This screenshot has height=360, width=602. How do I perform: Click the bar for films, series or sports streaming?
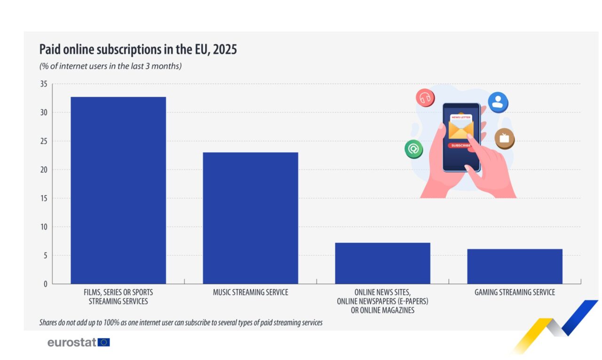[118, 190]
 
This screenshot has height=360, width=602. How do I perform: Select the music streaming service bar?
[251, 218]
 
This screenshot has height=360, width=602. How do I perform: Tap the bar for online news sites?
[383, 263]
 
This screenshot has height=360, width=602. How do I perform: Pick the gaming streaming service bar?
[515, 266]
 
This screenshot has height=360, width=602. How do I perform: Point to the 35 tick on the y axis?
[44, 84]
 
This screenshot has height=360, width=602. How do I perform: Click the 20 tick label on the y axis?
[44, 170]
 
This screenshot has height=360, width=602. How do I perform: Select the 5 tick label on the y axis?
[46, 256]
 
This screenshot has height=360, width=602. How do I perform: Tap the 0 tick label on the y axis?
[46, 284]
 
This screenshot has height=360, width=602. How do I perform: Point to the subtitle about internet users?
[111, 66]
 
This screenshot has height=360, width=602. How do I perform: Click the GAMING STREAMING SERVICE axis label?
[515, 292]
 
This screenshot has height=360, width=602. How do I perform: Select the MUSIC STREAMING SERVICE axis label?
[251, 292]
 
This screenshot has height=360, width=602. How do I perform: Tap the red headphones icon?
[425, 98]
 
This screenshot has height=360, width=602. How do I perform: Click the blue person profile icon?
[498, 102]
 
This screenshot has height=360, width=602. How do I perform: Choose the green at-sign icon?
[413, 149]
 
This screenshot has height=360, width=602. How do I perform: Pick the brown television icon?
[505, 139]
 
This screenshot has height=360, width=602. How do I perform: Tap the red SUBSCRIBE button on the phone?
[460, 145]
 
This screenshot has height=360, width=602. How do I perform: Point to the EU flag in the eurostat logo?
[104, 342]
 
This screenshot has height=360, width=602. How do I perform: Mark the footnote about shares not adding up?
[181, 322]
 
